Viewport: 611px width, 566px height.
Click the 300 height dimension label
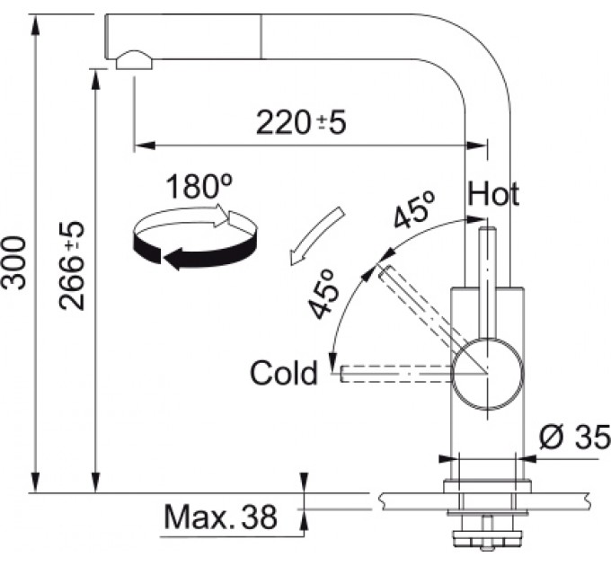point(14,262)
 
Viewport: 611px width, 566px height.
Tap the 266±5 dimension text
point(72,266)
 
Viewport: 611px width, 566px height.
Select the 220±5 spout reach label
point(301,123)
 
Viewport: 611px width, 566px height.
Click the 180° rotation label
point(199,186)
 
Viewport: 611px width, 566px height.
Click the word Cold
point(284,373)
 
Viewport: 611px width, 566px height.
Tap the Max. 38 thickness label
point(220,517)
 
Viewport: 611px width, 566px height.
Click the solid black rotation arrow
point(195,248)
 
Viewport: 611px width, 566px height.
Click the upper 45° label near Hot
point(414,209)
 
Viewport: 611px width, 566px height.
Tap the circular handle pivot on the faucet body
point(488,374)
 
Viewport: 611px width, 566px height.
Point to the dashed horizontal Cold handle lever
point(396,374)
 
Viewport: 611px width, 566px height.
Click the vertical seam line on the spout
point(261,37)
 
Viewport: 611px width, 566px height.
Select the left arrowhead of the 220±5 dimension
point(144,146)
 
